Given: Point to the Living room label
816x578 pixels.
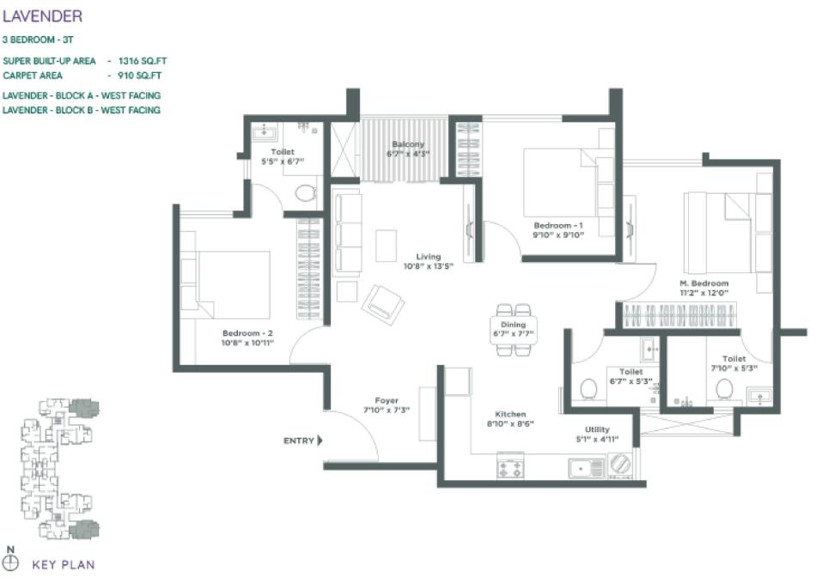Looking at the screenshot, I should (428, 256).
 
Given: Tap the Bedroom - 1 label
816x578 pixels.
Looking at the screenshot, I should (558, 225).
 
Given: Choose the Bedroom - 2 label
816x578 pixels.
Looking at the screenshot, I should (247, 332).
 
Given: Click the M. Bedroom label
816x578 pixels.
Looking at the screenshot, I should (703, 283).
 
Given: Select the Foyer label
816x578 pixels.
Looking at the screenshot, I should (386, 400).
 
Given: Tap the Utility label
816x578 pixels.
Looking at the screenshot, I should (597, 429).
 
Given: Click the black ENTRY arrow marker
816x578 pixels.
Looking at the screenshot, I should (320, 441).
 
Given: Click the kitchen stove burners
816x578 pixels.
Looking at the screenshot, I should (511, 468).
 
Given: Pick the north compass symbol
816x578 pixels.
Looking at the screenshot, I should (10, 563).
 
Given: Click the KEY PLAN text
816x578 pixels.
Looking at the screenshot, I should (63, 564).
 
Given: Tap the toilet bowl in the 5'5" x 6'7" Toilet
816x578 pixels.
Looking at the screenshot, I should (305, 191).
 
